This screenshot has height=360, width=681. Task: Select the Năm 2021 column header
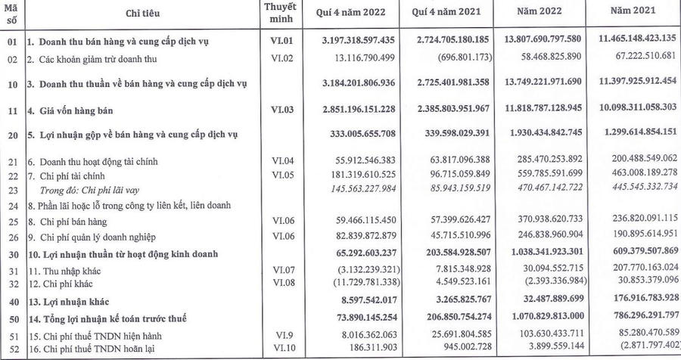click(635, 13)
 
